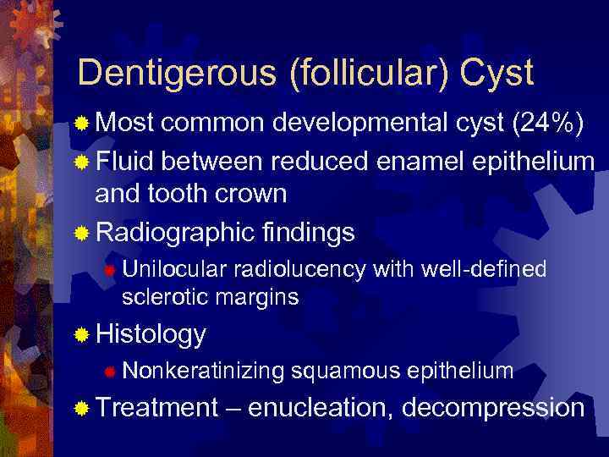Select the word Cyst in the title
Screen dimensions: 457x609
pos(499,74)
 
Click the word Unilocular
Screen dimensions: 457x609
pos(173,269)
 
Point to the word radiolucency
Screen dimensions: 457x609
pos(298,269)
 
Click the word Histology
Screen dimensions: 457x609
pos(151,334)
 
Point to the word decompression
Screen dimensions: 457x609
pos(494,407)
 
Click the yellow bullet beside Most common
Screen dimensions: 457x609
pos(82,124)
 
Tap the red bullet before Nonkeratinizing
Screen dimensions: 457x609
pos(109,371)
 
